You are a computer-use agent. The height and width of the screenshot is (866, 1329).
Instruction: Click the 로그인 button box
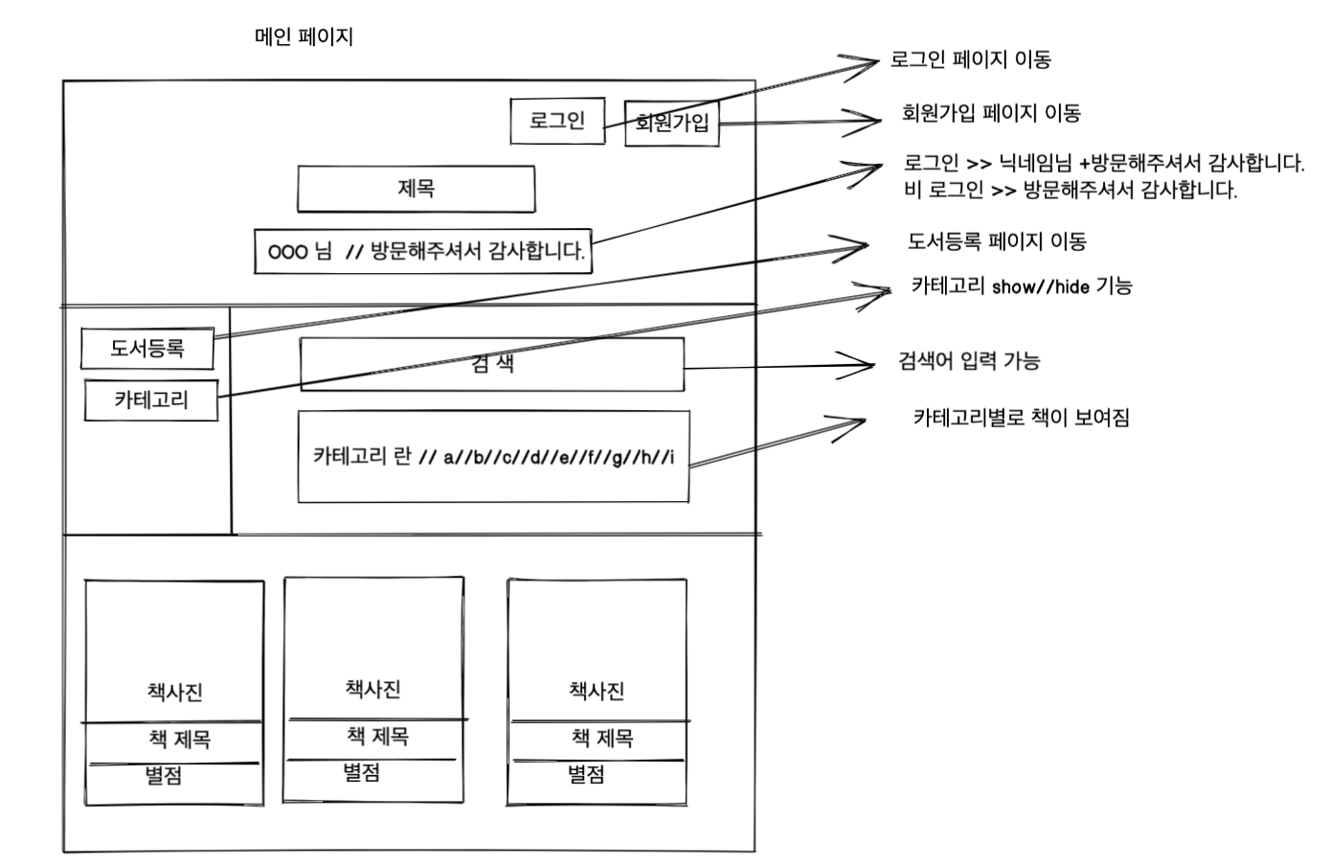[x=557, y=121]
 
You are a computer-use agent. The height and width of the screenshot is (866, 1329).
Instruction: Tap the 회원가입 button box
[x=671, y=123]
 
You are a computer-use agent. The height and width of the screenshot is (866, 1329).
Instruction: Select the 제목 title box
[x=416, y=189]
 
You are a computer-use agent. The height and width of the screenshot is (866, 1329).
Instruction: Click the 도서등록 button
[x=146, y=348]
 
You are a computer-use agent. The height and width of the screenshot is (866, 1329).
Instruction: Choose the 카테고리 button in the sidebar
[x=151, y=400]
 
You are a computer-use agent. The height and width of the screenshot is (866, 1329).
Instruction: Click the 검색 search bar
[x=492, y=364]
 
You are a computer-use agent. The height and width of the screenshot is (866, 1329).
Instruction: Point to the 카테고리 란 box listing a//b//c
[x=493, y=456]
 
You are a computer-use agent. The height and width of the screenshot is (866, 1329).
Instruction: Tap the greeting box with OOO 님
[x=423, y=252]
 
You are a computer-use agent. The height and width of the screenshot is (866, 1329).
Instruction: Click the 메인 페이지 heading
[x=304, y=37]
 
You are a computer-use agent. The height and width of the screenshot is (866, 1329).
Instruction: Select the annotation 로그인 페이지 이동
[x=970, y=59]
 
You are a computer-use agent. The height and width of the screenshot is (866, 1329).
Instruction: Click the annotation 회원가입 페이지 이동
[x=991, y=113]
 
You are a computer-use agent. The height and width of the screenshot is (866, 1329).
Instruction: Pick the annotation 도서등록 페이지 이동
[x=997, y=241]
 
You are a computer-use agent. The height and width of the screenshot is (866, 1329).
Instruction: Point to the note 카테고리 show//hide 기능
[x=1022, y=286]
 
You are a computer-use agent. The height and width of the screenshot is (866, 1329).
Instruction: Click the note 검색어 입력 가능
[x=969, y=361]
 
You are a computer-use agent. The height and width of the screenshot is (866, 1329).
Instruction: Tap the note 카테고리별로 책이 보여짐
[x=1022, y=418]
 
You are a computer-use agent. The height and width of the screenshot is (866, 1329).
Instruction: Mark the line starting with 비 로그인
[x=1070, y=190]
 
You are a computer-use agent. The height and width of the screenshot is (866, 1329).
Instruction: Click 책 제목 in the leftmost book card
[x=179, y=740]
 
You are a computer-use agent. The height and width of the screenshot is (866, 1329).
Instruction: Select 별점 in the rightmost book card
[x=586, y=775]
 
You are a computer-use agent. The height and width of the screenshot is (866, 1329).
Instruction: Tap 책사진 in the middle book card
[x=372, y=689]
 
